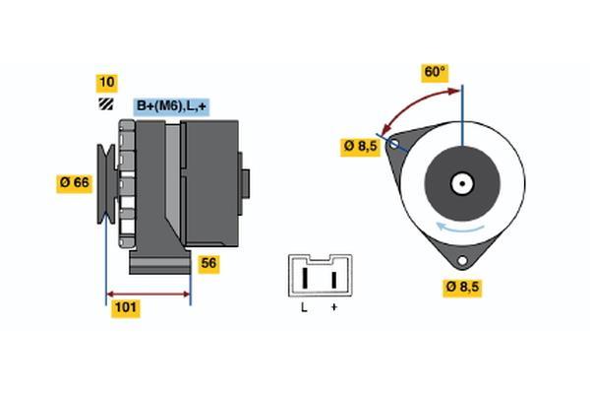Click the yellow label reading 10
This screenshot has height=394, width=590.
pyautogui.click(x=107, y=83)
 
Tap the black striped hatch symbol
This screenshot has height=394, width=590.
pyautogui.click(x=106, y=104)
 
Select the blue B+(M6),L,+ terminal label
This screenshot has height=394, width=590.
pyautogui.click(x=171, y=106)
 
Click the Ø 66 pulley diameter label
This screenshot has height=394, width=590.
pyautogui.click(x=75, y=183)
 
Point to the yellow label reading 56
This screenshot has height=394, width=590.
pyautogui.click(x=208, y=264)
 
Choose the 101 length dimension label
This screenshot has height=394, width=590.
pyautogui.click(x=125, y=308)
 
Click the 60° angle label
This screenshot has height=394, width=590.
pyautogui.click(x=435, y=72)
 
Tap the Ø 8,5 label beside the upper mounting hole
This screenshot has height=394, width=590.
pyautogui.click(x=361, y=147)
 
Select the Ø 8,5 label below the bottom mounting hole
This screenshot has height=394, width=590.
pyautogui.click(x=462, y=288)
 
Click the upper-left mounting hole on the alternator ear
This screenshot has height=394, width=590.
pyautogui.click(x=394, y=144)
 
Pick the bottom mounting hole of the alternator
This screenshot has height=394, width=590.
pyautogui.click(x=462, y=260)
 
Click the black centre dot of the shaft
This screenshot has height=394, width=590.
pyautogui.click(x=462, y=184)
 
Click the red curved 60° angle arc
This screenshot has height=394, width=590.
pyautogui.click(x=413, y=103)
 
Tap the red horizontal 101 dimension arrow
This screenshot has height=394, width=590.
pyautogui.click(x=148, y=295)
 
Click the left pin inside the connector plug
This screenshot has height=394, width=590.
pyautogui.click(x=306, y=278)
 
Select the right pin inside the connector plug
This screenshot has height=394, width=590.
pyautogui.click(x=333, y=280)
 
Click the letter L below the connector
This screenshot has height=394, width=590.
pyautogui.click(x=304, y=308)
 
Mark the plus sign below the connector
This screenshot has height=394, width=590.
pyautogui.click(x=333, y=307)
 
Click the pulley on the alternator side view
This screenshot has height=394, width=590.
pyautogui.click(x=106, y=184)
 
